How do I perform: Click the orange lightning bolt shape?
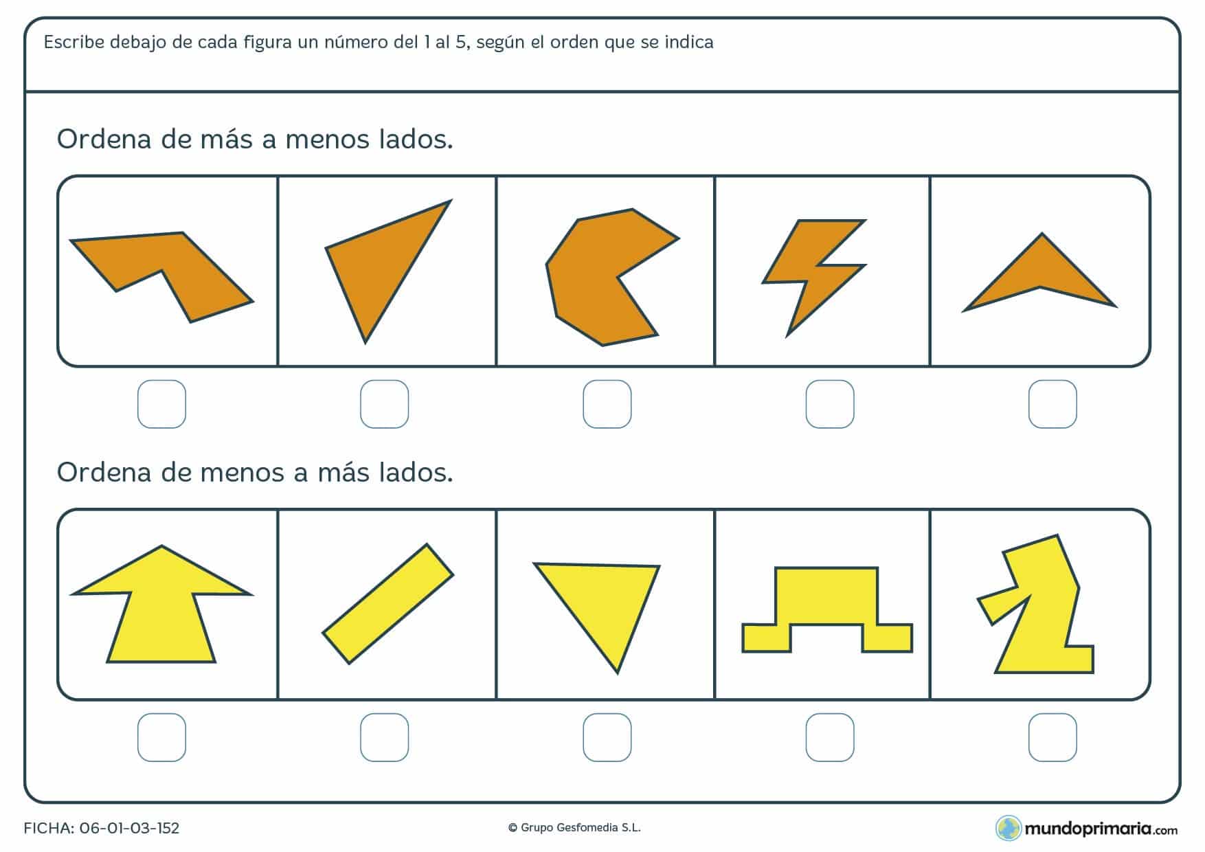(x=811, y=275)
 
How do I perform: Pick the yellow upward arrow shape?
(x=161, y=612)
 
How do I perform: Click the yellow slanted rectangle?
(x=388, y=604)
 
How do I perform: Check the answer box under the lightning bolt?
(x=830, y=404)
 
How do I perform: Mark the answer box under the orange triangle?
(x=385, y=404)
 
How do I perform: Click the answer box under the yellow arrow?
(x=162, y=737)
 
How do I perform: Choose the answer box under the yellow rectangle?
(x=385, y=737)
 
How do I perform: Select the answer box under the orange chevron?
(x=1052, y=404)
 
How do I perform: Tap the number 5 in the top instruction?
(x=460, y=43)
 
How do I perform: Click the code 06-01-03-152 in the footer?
(x=129, y=828)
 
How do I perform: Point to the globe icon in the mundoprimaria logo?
(x=1008, y=828)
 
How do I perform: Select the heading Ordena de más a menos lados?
(x=255, y=139)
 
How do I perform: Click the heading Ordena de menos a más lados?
(x=255, y=473)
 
